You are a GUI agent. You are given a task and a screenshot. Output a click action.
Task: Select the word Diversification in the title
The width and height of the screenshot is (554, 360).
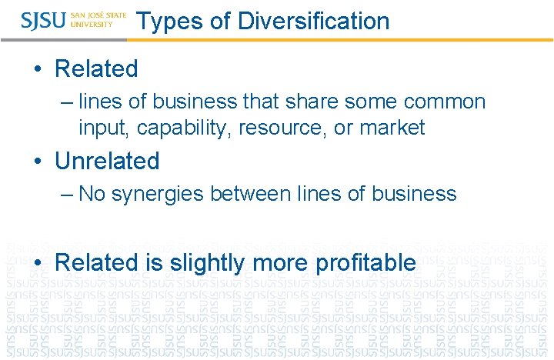pos(314,21)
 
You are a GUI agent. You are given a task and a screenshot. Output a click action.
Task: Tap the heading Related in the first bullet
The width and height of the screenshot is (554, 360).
pos(96,68)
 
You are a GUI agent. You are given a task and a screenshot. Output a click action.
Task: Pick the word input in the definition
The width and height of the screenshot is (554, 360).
pos(105,128)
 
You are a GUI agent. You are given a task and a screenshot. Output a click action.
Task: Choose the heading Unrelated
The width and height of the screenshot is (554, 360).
pos(107,161)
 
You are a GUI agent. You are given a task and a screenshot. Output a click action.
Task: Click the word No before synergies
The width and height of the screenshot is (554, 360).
pos(92,194)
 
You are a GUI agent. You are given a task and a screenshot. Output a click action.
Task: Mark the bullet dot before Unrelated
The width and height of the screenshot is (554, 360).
pos(39,162)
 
